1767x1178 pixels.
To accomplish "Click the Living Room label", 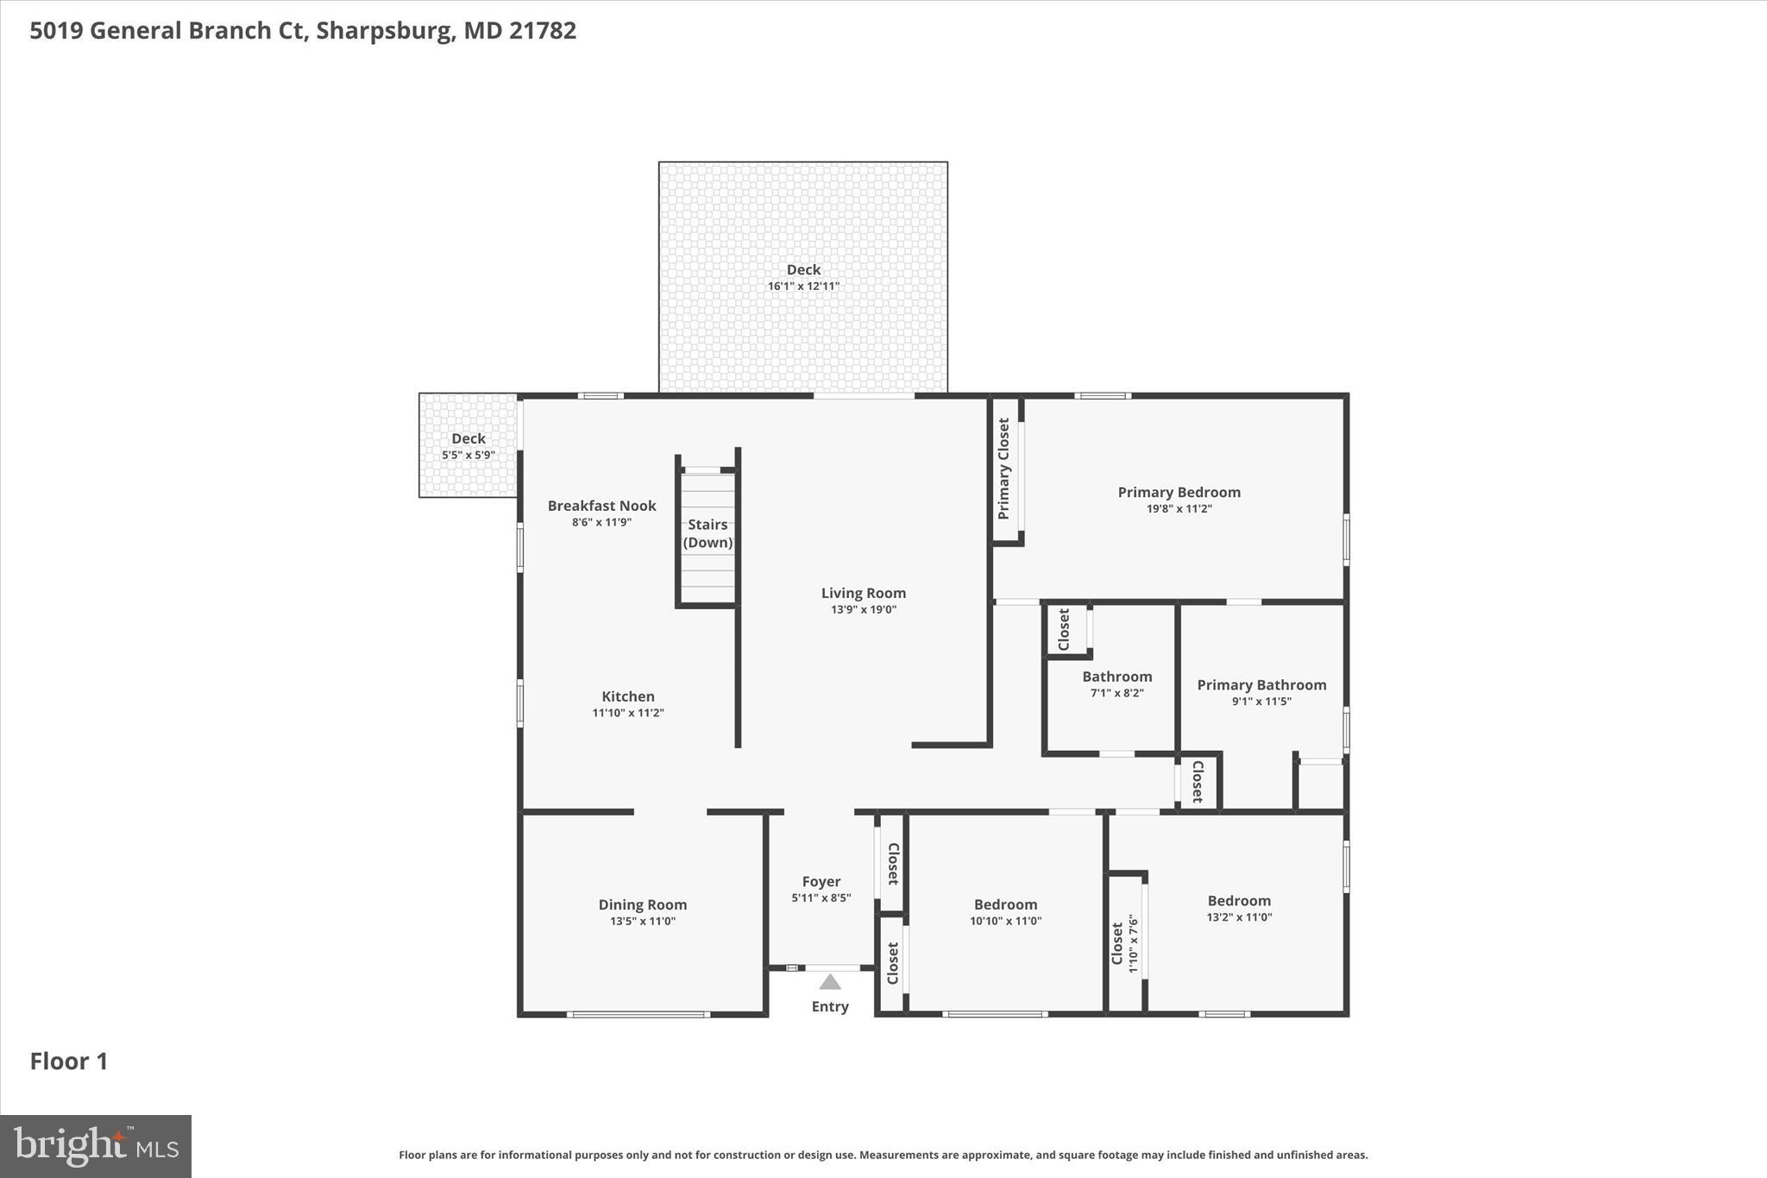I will tap(863, 593).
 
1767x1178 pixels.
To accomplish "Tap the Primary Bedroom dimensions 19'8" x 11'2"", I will tap(1179, 509).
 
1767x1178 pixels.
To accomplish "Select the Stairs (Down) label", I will tap(707, 533).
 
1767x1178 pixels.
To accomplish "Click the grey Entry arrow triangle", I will tap(830, 982).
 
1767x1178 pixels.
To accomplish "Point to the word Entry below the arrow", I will tap(830, 1006).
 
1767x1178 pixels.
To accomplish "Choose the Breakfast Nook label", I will tap(601, 506).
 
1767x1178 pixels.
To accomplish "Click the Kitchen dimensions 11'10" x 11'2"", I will tap(627, 713).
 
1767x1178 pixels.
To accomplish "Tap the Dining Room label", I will tap(643, 904).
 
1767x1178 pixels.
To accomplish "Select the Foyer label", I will tap(821, 881).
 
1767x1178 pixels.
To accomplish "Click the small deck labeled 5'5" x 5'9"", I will tap(468, 446).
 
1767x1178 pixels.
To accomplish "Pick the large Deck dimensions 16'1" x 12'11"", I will tap(803, 287).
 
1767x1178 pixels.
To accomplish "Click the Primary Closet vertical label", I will tap(1003, 469).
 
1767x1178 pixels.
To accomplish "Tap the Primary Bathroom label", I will tap(1261, 684).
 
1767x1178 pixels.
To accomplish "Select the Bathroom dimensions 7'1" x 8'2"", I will tap(1116, 693).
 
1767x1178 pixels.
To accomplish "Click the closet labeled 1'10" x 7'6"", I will tap(1125, 944).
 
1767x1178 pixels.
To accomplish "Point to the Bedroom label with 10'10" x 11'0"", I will tap(1005, 904).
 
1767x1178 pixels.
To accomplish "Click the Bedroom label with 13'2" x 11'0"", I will tap(1239, 900).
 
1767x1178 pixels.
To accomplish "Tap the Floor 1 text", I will tap(69, 1061).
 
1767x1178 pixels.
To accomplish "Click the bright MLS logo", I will tap(95, 1146).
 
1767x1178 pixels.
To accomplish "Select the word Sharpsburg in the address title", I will tap(384, 30).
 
